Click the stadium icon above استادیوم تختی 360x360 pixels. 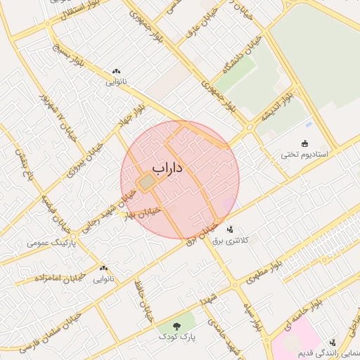tap(304, 143)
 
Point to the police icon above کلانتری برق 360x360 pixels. tap(230, 229)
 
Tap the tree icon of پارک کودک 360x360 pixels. tap(176, 326)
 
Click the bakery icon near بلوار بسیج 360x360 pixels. tap(116, 72)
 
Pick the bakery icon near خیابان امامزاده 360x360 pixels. tap(104, 268)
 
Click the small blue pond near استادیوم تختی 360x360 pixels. tap(309, 126)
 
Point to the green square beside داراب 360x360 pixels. tap(146, 183)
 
